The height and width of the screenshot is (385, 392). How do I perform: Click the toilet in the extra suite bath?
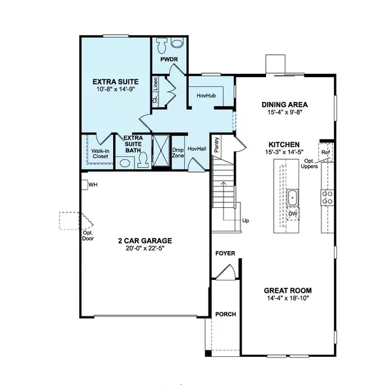point(143,161)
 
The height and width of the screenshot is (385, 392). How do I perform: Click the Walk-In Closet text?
point(100,154)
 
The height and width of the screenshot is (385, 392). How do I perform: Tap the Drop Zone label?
point(178,152)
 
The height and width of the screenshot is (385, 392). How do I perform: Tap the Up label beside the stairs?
point(245,220)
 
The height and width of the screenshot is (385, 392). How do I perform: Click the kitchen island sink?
point(292,198)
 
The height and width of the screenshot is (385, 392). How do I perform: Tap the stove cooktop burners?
point(328,197)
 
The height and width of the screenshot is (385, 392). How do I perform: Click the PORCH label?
point(225,314)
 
